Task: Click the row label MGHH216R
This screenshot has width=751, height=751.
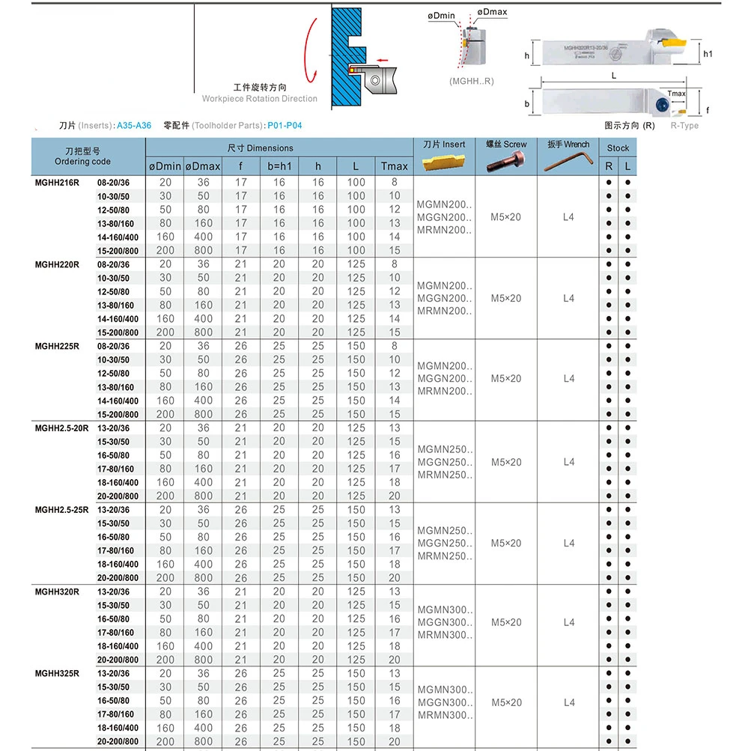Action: [x=57, y=183]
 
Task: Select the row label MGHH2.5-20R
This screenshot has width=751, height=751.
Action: [x=62, y=428]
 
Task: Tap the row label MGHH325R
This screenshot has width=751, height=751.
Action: [x=57, y=673]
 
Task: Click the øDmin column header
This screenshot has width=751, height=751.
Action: [x=165, y=165]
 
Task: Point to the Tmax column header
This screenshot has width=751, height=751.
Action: [x=394, y=165]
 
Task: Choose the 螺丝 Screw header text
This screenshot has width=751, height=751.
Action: [x=506, y=145]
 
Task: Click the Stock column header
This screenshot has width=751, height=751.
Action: [x=618, y=148]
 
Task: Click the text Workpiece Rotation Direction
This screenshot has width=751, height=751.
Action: [x=259, y=99]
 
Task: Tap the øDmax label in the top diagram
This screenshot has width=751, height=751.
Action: [x=492, y=13]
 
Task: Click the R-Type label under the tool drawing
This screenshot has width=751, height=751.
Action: [x=684, y=125]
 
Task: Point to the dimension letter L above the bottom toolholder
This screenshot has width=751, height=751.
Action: [x=614, y=76]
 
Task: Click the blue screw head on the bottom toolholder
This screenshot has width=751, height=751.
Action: [x=662, y=106]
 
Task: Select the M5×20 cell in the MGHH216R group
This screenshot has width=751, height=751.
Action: [x=506, y=216]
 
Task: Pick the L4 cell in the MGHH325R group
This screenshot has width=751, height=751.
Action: [x=569, y=702]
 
